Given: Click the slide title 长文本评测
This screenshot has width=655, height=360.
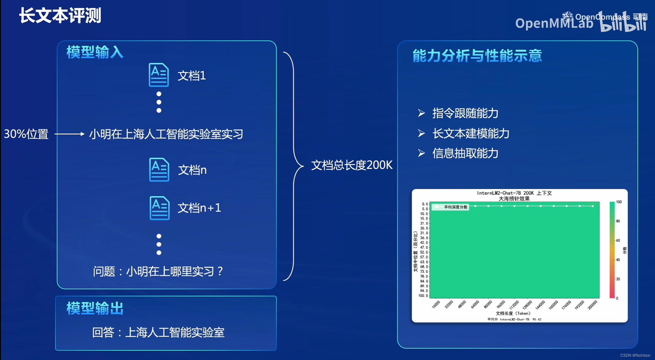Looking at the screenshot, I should point(60,15).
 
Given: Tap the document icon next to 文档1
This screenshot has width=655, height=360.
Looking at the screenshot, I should point(159,75).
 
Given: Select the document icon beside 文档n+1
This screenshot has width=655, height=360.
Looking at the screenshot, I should point(160,208).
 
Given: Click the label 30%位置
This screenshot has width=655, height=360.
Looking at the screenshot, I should point(26,134).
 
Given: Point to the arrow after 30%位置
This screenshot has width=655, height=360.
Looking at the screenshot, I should point(70,134).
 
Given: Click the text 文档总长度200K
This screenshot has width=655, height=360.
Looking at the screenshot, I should point(352,165).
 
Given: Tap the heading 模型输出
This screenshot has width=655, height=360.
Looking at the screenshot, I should point(95,308).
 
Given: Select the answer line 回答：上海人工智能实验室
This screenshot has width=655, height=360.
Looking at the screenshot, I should point(158,332).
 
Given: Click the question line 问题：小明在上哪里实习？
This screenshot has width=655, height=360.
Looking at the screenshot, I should point(158,271).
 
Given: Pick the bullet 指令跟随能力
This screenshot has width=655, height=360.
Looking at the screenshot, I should point(465,113).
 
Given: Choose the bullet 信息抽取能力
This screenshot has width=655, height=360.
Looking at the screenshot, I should point(465,153).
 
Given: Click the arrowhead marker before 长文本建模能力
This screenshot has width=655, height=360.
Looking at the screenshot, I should point(421,133).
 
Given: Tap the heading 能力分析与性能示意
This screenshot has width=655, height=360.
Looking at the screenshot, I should point(477,56).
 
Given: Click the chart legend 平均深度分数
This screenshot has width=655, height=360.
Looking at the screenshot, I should point(455,207).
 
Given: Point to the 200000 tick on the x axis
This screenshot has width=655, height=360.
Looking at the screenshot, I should point(592,305).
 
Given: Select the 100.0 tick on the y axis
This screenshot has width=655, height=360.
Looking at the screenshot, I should point(423,295).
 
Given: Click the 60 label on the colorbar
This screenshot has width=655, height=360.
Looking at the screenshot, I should point(618,240).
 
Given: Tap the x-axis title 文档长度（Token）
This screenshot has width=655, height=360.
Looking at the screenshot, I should point(513,313).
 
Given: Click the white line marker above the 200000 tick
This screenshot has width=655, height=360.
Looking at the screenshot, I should point(593,206).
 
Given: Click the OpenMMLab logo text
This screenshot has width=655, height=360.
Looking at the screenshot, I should point(554,23).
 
